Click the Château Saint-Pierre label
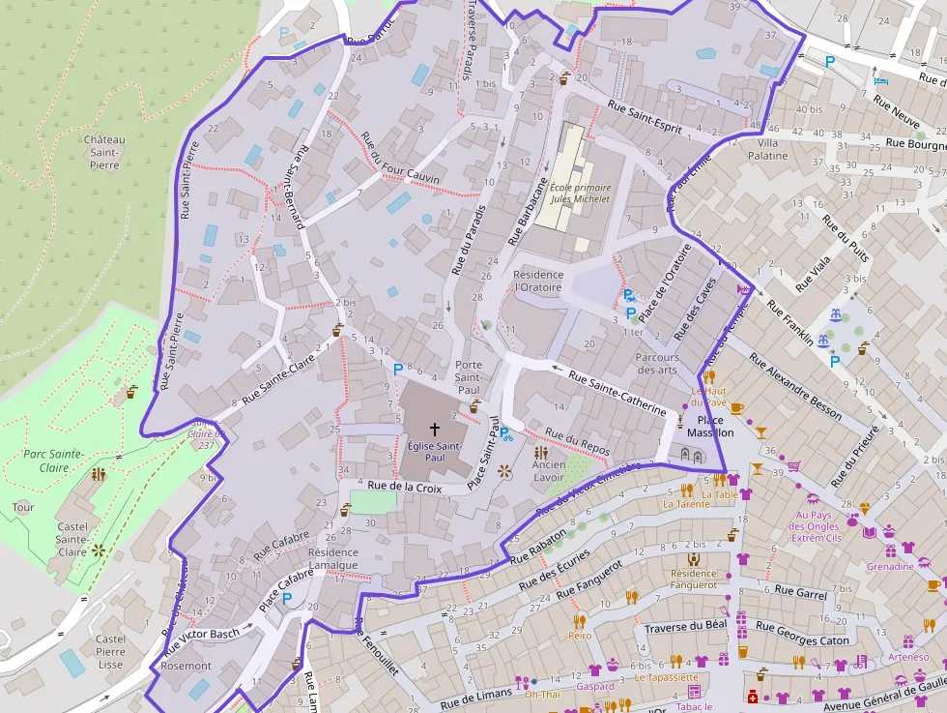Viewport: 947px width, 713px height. [103, 152]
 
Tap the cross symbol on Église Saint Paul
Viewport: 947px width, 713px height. [434, 429]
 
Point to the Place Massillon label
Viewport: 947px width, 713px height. [710, 427]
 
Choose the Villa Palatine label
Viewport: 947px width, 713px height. [760, 149]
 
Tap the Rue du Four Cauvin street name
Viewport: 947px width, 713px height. [399, 158]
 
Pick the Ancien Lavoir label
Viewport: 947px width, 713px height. [549, 471]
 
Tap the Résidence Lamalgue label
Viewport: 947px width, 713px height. [332, 559]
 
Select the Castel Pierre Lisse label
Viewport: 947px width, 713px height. [110, 651]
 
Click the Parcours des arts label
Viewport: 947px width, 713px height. [657, 364]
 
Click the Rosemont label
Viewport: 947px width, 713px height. [186, 666]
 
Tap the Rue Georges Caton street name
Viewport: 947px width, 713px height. [803, 634]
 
